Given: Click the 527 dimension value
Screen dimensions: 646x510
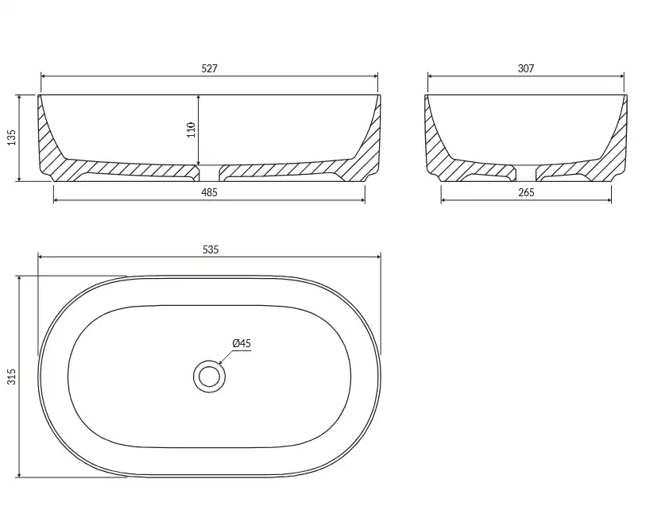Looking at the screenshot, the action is point(209,68).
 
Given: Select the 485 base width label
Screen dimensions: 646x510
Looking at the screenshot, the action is point(209,192).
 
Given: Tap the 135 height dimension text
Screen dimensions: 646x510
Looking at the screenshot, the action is point(12,137).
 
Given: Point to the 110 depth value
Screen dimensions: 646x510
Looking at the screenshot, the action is point(191,129).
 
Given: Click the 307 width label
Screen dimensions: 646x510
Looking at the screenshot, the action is point(526,68).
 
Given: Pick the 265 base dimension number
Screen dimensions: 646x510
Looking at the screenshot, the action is point(526,192).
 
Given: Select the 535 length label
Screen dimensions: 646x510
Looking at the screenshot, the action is point(211,249).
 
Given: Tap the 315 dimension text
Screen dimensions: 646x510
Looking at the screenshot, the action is point(12,377).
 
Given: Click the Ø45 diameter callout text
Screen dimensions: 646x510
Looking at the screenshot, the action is point(242,343).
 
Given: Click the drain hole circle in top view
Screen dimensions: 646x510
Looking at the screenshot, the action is point(209,361).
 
